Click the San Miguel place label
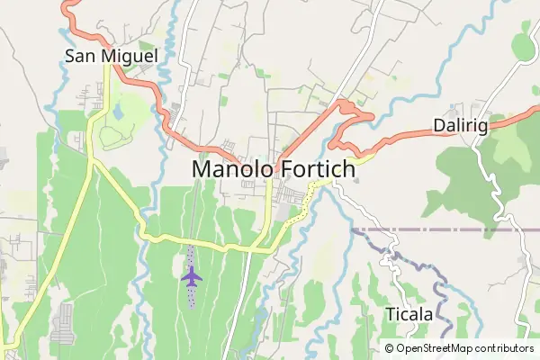[111, 57]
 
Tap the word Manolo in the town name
[235, 170]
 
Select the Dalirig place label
[460, 126]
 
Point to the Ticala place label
[409, 314]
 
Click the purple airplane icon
[191, 274]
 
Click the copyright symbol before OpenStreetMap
[389, 348]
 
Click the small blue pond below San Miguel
[117, 112]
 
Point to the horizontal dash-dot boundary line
[432, 229]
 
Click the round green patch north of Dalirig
[523, 45]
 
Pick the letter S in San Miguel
[70, 57]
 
